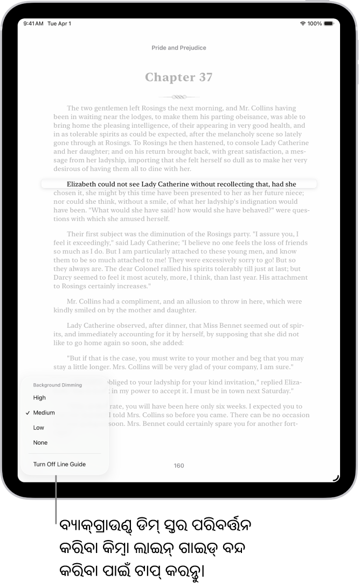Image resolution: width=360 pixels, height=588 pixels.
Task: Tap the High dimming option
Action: click(39, 398)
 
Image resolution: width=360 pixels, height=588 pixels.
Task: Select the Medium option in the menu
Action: click(44, 413)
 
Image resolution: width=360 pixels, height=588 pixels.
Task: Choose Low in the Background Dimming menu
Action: click(38, 428)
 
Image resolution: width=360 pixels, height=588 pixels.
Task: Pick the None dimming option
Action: click(40, 443)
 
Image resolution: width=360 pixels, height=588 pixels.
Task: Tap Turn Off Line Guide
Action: click(59, 464)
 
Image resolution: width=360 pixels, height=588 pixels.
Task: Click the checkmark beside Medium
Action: click(27, 413)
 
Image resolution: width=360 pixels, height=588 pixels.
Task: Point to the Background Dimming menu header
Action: click(57, 385)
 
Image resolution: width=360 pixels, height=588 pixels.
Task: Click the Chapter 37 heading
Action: click(178, 77)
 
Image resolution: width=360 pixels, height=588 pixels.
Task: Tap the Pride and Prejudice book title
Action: click(179, 48)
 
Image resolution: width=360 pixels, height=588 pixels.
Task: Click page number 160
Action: click(179, 466)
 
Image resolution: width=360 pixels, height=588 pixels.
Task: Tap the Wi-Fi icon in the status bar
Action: click(303, 24)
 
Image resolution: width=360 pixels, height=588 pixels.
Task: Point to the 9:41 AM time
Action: click(33, 24)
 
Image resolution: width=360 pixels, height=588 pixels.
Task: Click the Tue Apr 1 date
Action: click(59, 24)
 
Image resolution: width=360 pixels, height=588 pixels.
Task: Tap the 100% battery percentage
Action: click(315, 24)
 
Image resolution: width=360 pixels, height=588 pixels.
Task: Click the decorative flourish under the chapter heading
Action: click(178, 97)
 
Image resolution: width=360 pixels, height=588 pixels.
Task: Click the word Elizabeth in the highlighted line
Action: click(84, 184)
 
